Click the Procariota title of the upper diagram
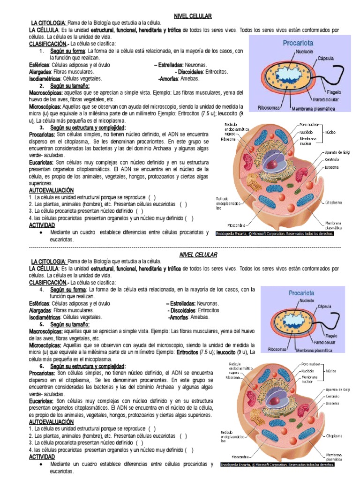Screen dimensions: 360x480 coord(298,43)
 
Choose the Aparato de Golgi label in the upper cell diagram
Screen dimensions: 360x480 coord(336,152)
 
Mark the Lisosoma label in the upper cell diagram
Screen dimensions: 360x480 coord(332,167)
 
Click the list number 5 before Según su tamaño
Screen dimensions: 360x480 coord(42,324)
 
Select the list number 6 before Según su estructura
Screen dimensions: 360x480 coord(42,366)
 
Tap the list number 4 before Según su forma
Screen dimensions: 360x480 coord(42,289)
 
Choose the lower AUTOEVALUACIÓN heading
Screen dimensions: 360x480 coord(52,422)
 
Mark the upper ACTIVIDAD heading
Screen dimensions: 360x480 coord(42,225)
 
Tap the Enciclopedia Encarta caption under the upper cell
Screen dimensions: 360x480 coord(275,233)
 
